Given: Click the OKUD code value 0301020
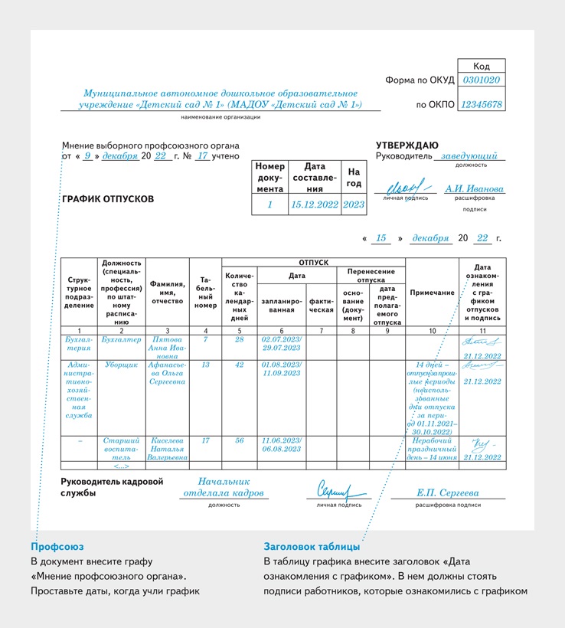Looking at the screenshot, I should [x=482, y=80].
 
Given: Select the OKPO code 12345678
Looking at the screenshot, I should [x=482, y=104].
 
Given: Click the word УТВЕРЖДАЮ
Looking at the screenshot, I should [x=407, y=145].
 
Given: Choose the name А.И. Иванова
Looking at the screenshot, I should [x=475, y=188].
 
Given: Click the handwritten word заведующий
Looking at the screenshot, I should [x=469, y=155].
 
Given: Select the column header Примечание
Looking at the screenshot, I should [x=432, y=293].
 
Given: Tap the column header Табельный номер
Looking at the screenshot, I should [x=205, y=293].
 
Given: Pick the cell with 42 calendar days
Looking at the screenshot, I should [x=239, y=365].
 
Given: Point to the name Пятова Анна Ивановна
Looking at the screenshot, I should [x=168, y=346].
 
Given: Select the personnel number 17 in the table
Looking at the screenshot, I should [x=205, y=441].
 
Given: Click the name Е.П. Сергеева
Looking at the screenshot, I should [x=447, y=493].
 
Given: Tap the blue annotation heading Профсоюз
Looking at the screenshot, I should [x=57, y=547].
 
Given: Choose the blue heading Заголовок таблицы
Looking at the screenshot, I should [x=312, y=547].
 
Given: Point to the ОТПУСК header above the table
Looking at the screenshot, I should [x=312, y=263].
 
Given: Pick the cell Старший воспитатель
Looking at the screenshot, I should [x=122, y=449].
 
